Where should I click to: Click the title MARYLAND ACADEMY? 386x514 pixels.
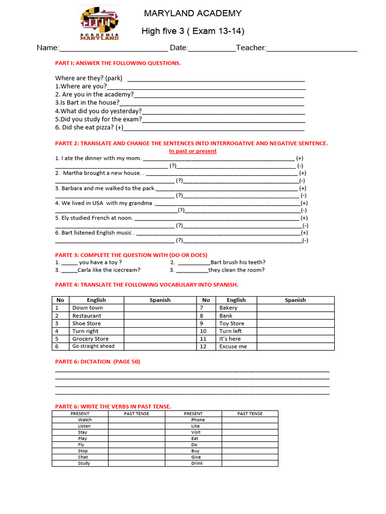192,14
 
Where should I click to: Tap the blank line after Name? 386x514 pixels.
114,49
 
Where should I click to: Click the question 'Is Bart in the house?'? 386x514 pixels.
87,102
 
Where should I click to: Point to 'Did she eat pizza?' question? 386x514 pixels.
89,127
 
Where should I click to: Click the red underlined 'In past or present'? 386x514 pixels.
192,151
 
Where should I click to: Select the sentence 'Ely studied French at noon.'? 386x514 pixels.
94,218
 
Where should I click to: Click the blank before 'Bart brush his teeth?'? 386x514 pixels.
194,263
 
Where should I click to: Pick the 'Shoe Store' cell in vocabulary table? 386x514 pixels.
86,323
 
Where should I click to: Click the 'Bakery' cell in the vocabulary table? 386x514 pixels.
228,308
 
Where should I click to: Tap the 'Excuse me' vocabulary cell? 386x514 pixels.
233,346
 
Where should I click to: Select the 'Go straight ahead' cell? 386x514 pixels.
93,346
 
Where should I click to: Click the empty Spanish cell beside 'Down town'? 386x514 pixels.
160,308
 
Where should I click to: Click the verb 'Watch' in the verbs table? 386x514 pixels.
85,420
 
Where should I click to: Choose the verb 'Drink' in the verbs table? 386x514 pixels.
197,463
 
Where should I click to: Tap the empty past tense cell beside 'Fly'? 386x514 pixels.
136,445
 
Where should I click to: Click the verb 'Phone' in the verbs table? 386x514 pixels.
198,420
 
